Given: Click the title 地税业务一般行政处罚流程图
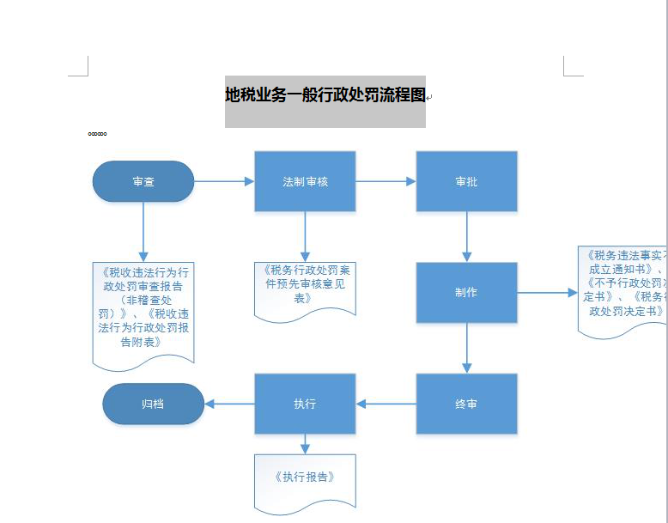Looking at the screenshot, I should tap(325, 95).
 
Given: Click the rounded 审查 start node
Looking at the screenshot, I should tap(143, 181).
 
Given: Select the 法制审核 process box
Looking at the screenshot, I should tap(305, 181).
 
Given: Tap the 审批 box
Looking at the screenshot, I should tap(466, 181).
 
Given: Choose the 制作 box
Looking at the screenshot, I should tap(466, 292).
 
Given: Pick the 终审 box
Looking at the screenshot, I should tap(466, 404).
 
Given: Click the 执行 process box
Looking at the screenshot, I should tap(305, 404).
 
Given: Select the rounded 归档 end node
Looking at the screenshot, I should tap(153, 404).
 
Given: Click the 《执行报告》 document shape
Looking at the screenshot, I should tap(305, 479).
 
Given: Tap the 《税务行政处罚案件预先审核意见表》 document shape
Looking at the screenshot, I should tap(305, 286).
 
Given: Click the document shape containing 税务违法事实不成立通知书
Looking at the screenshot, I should tap(622, 288).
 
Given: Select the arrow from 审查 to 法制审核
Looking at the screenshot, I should tap(224, 181).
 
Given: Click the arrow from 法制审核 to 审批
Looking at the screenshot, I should tap(386, 181).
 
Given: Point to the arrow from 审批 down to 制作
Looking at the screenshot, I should tap(466, 236).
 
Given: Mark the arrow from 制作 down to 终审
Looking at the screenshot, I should tap(466, 348).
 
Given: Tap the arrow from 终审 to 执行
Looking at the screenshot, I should tap(386, 404).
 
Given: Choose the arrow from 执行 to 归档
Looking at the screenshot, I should tap(229, 404).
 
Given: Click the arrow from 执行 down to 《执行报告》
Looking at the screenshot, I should tap(305, 444).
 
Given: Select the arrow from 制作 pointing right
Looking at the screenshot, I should tap(547, 293).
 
